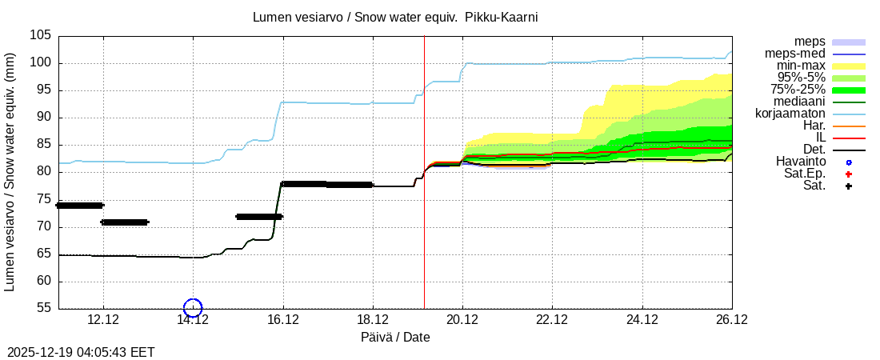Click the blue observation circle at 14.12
click(x=193, y=307)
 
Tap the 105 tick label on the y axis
click(x=41, y=36)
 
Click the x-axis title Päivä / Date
click(x=395, y=338)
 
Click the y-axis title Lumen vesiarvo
click(x=10, y=172)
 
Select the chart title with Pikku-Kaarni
click(x=401, y=17)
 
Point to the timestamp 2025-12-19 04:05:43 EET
click(x=82, y=352)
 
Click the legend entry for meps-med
click(x=798, y=54)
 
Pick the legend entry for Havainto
click(x=801, y=162)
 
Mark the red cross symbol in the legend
click(x=849, y=174)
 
